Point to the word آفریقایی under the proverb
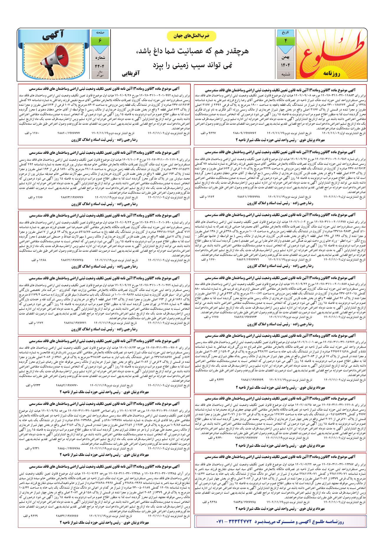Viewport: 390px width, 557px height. click(132, 72)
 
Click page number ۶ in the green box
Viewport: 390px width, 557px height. click(100, 40)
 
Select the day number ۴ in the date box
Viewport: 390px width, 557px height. click(285, 41)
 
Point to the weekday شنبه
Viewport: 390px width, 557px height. click(285, 74)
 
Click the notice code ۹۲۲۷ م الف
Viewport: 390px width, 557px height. click(208, 134)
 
